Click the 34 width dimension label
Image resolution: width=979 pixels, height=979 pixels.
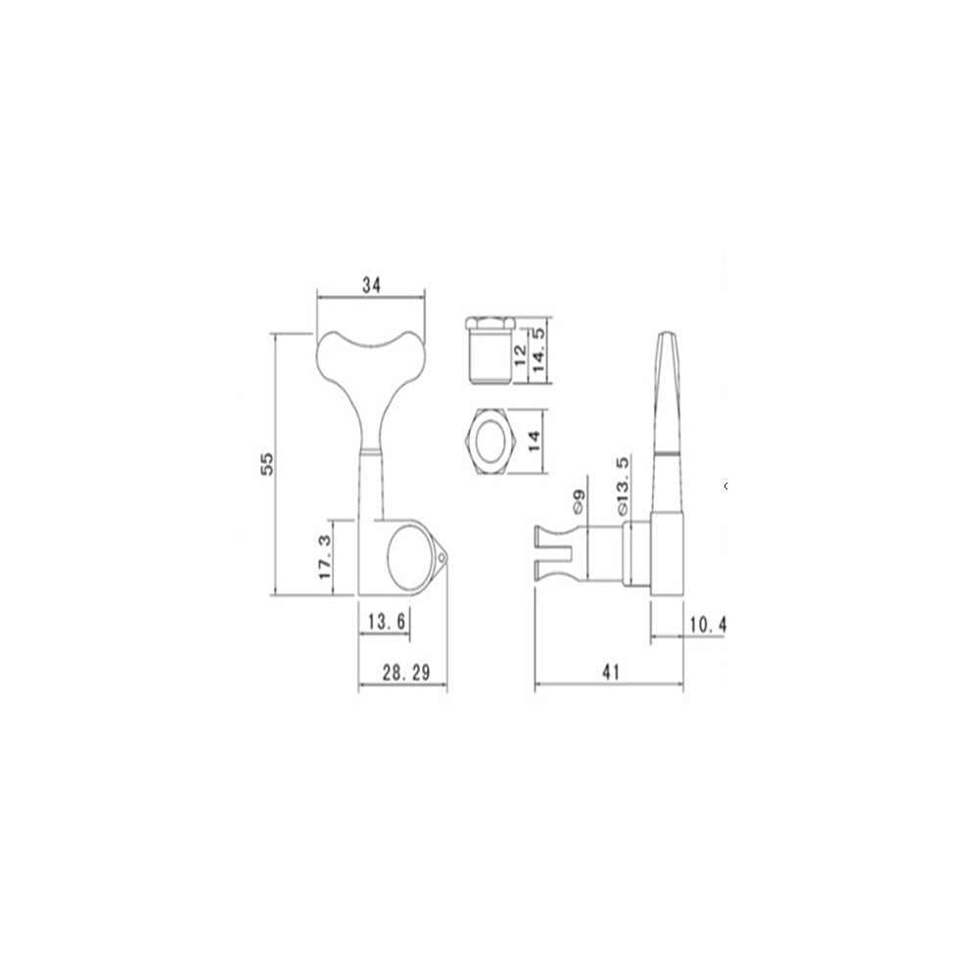[x=371, y=285]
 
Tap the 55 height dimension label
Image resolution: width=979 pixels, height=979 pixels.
[x=266, y=463]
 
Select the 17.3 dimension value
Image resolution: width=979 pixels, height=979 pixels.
[x=325, y=556]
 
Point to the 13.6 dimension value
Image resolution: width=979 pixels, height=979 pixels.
[x=387, y=622]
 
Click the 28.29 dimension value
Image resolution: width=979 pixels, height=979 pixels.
[x=406, y=673]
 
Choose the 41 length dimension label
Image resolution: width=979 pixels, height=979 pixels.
[x=611, y=672]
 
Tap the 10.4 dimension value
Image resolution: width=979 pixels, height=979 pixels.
[x=708, y=624]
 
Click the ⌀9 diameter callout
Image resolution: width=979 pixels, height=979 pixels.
[x=579, y=501]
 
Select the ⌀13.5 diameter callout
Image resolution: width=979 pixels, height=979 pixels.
[x=623, y=487]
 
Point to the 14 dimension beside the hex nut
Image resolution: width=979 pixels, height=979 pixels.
[x=534, y=442]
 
